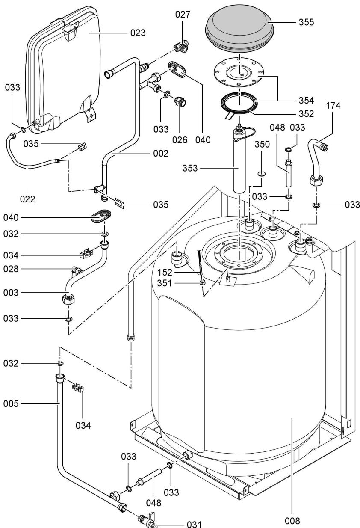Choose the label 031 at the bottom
point(196,523)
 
